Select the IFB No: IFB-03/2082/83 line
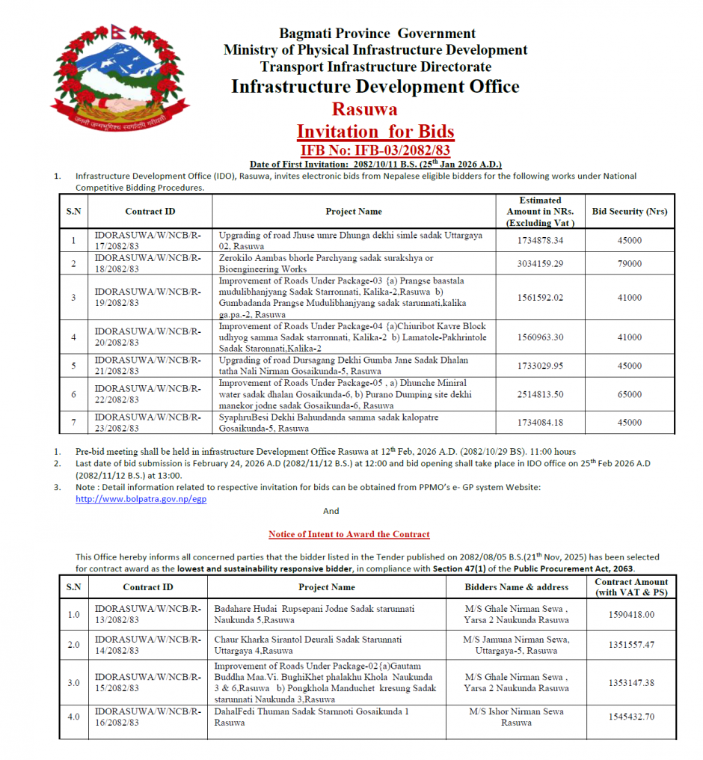pyautogui.click(x=375, y=149)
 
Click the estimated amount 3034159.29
pyautogui.click(x=539, y=263)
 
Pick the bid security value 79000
pyautogui.click(x=629, y=263)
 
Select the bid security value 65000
pyautogui.click(x=629, y=394)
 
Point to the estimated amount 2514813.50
pyautogui.click(x=539, y=394)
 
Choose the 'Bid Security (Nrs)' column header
pyautogui.click(x=629, y=212)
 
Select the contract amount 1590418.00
pyautogui.click(x=631, y=615)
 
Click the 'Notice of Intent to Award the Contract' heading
pyautogui.click(x=349, y=534)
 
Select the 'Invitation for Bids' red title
pyautogui.click(x=375, y=131)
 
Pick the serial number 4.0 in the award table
pyautogui.click(x=73, y=717)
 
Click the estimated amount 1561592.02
pyautogui.click(x=539, y=298)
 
